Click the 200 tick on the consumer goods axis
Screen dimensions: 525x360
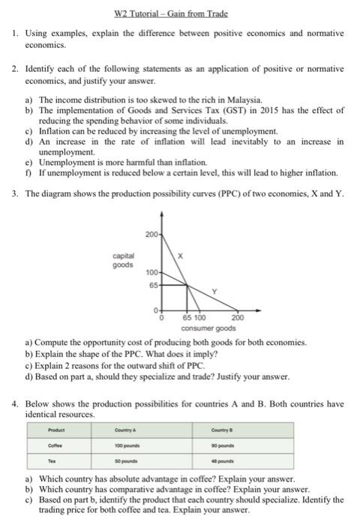pos(238,319)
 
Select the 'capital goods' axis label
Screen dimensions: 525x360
pos(125,260)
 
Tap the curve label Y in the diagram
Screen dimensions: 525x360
pos(213,291)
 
